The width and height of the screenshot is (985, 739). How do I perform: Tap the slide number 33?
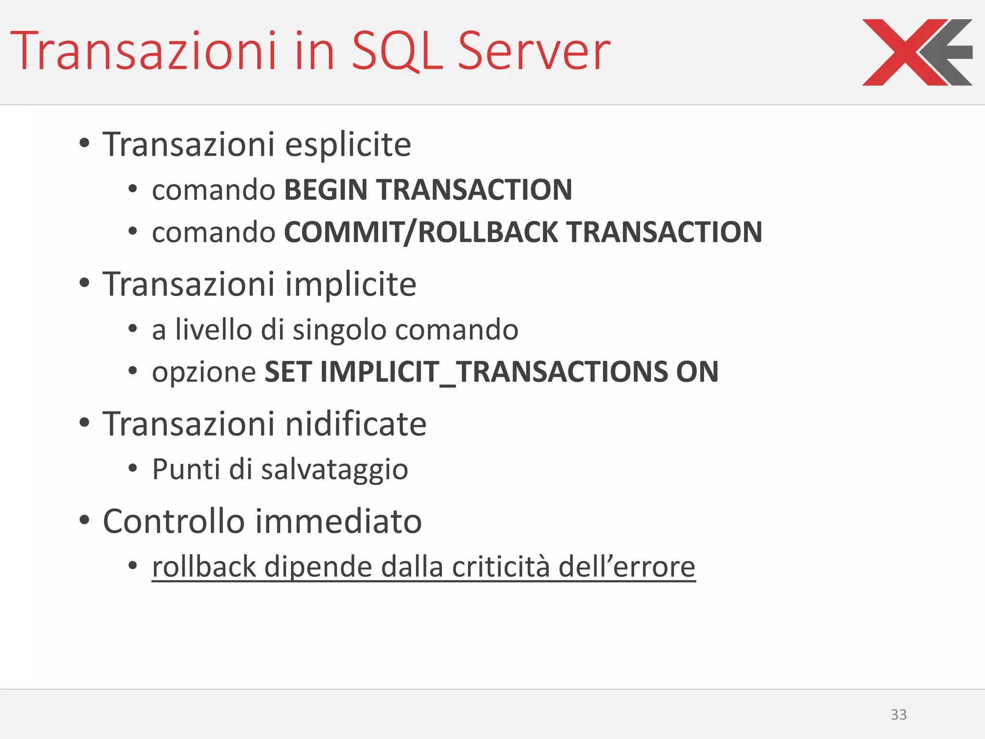tap(898, 714)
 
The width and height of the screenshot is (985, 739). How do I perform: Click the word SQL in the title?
tap(397, 51)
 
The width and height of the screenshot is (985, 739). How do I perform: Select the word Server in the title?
tap(534, 51)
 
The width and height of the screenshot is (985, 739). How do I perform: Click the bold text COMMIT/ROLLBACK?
tap(421, 232)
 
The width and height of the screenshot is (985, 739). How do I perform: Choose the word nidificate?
tap(356, 424)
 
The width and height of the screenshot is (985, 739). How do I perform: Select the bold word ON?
tap(697, 372)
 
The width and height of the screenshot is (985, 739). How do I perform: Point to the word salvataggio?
tap(334, 470)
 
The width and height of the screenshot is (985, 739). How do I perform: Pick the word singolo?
tap(340, 330)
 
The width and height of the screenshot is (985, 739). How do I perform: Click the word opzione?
tap(204, 372)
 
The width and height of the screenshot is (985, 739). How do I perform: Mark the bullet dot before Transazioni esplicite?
tap(85, 143)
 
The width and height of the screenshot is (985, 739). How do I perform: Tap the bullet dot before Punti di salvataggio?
tap(133, 468)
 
